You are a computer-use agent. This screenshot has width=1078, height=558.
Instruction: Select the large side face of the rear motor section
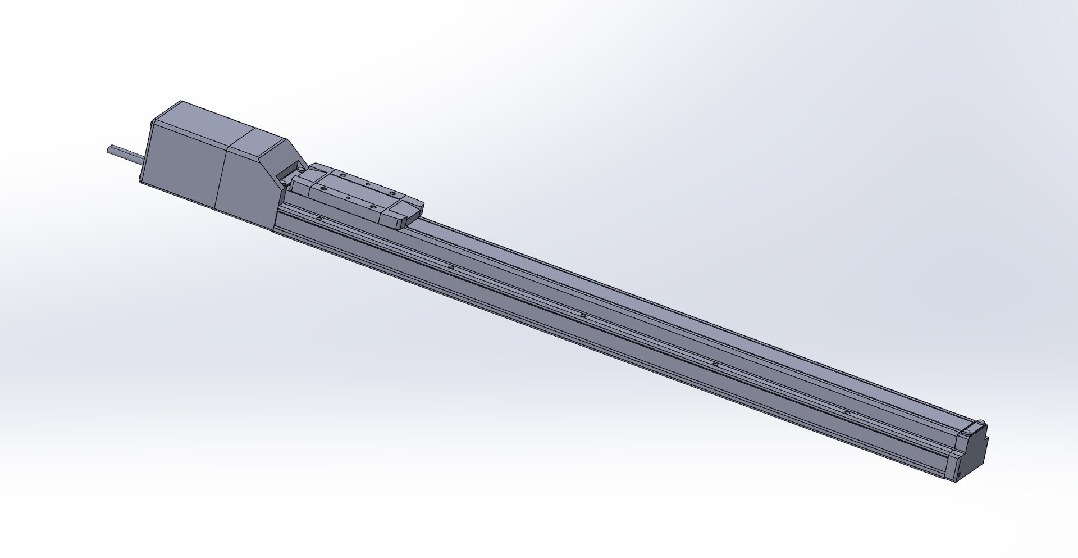(182, 169)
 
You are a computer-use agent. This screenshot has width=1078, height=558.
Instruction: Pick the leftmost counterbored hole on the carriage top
(324, 189)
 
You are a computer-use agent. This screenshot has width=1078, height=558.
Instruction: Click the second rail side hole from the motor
(451, 266)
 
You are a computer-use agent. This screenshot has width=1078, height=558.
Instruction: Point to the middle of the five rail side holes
(583, 316)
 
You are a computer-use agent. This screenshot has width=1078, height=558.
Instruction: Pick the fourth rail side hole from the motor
(715, 365)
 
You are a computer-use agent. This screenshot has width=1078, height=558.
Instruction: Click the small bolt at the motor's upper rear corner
(152, 122)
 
